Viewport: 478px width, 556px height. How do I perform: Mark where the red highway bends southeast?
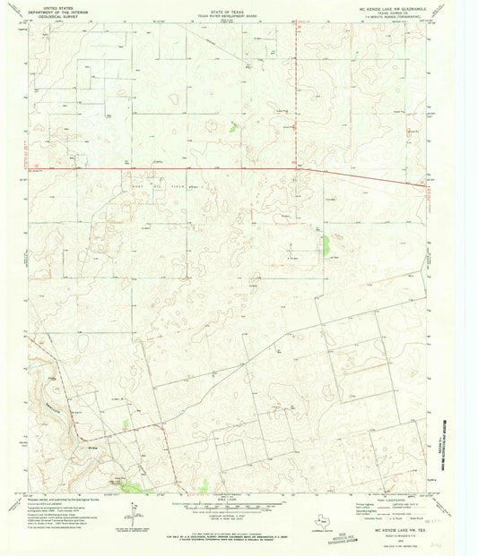coord(301,168)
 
